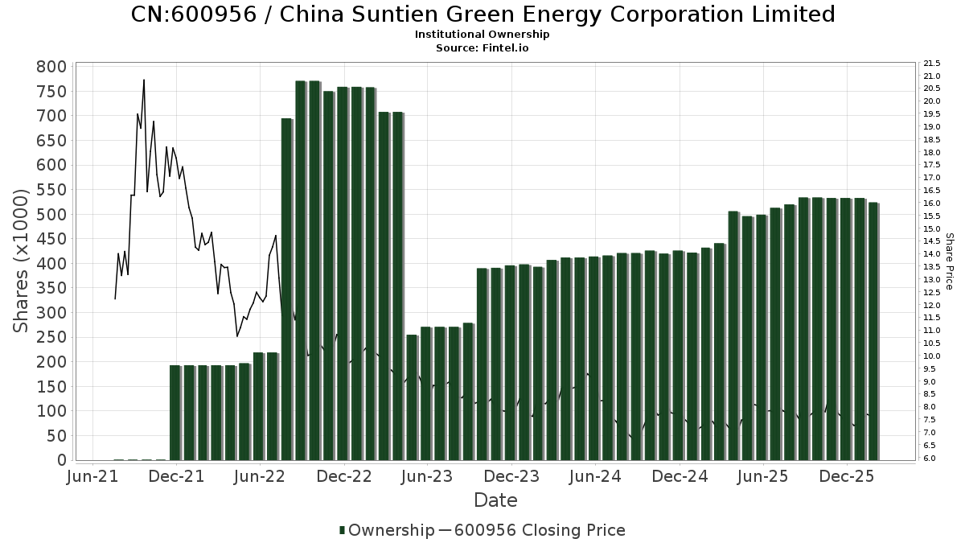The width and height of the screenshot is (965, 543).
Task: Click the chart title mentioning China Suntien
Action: [x=482, y=14]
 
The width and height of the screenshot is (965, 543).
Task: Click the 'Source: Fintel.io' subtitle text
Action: [x=482, y=47]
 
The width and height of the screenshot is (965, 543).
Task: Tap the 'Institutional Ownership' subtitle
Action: [x=482, y=35]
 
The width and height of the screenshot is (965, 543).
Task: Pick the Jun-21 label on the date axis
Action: [x=92, y=477]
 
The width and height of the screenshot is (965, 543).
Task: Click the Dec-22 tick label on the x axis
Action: [x=344, y=477]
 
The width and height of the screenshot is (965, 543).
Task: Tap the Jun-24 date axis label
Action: [x=595, y=477]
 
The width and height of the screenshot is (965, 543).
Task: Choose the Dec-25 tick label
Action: [x=846, y=477]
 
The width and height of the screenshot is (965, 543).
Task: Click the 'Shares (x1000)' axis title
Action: [x=22, y=261]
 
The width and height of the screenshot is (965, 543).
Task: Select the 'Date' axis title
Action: [x=495, y=500]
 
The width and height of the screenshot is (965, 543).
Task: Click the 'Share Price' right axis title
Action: [x=950, y=261]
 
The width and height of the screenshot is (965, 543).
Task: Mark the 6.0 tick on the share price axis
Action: [x=930, y=458]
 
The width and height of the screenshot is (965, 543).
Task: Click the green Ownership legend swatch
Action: [x=343, y=530]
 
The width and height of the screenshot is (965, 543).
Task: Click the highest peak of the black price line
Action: [x=144, y=80]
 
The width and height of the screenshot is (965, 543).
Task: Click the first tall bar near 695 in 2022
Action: [x=286, y=290]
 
